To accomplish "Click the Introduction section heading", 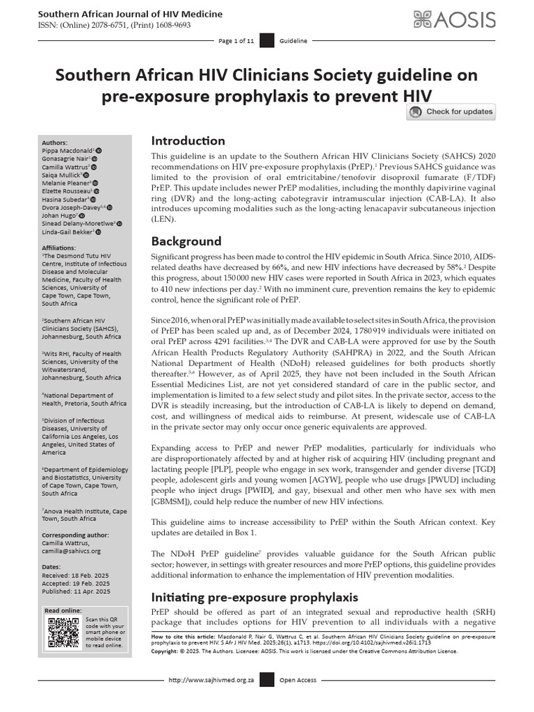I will (x=188, y=140).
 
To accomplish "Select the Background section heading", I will (x=186, y=241).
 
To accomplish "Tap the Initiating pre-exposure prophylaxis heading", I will (x=254, y=597).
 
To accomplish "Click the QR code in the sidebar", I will (x=63, y=631).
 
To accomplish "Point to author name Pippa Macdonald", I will (x=68, y=149).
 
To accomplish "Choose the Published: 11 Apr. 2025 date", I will (x=76, y=592).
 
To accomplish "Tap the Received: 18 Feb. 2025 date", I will (x=76, y=576).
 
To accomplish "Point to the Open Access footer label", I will (x=298, y=680).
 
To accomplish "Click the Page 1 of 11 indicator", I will (x=236, y=42).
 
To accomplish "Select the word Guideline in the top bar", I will (x=293, y=42).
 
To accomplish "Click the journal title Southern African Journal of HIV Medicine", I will (x=129, y=14).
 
